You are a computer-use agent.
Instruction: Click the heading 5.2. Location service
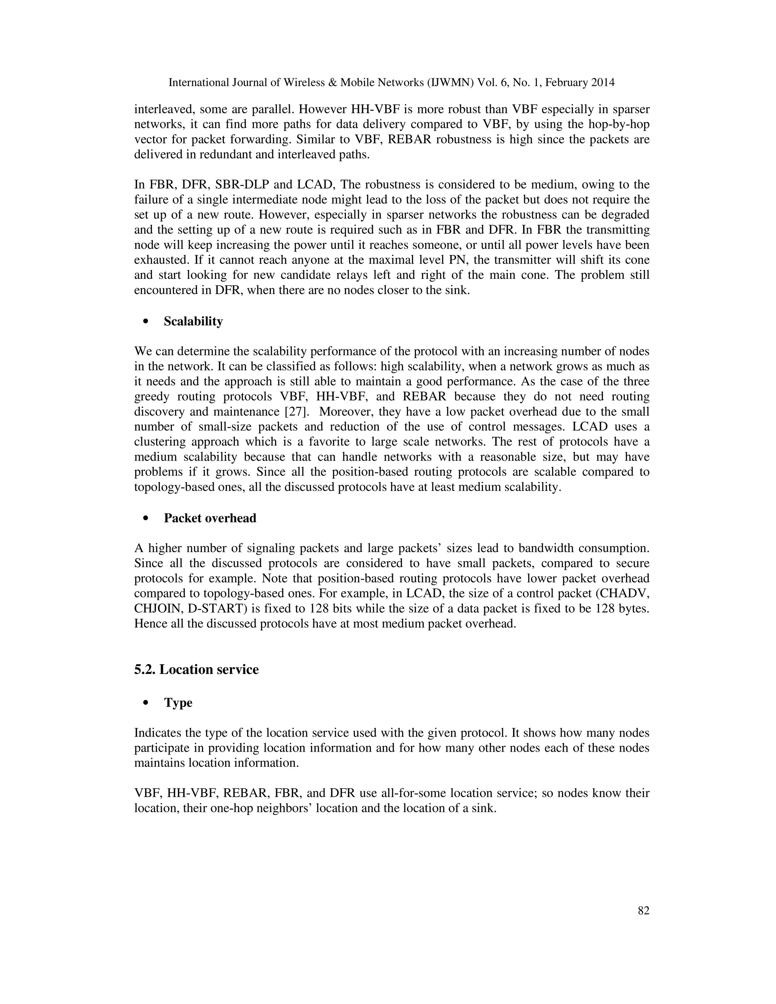tap(196, 669)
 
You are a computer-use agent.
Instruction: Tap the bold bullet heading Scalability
tap(193, 321)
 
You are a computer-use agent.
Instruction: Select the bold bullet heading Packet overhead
tap(210, 518)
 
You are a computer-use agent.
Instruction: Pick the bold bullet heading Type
tap(178, 703)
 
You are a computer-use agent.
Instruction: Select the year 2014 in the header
tap(603, 83)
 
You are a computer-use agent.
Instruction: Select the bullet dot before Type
tap(147, 703)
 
